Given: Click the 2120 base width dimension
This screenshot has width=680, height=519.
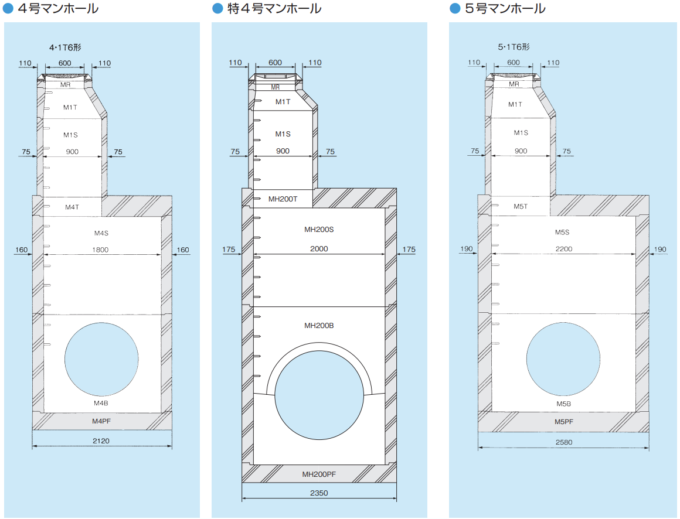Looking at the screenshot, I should (101, 441).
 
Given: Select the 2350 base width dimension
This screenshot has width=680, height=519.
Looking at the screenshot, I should (319, 493).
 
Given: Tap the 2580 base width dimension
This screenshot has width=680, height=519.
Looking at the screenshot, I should (563, 442).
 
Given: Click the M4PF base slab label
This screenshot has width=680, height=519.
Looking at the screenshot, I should (101, 421).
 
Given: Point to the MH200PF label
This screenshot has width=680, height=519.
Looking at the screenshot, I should (319, 474).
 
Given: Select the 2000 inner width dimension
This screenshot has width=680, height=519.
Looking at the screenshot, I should (319, 249).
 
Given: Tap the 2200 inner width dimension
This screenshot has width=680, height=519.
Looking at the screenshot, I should (563, 249).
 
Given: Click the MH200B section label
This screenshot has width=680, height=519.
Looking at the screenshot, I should (319, 326).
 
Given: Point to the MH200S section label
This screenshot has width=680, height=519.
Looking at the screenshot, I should (319, 230).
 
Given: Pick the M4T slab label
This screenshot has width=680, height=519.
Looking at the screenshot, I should (72, 207).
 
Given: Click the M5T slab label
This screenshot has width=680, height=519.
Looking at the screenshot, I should (521, 206).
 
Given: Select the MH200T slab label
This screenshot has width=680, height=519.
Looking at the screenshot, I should (283, 199).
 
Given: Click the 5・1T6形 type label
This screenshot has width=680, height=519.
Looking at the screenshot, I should (514, 47).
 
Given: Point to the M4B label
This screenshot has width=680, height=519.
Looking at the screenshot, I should (101, 404).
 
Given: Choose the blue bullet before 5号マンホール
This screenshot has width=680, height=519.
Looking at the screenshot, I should (455, 9).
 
